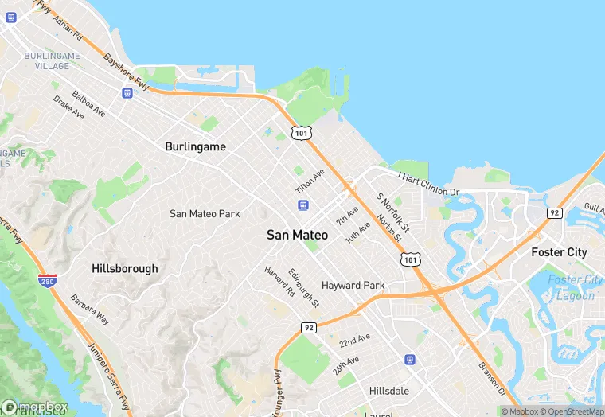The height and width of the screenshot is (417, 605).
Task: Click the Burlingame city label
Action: [195, 146]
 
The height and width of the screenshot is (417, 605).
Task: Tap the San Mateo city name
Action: [297, 235]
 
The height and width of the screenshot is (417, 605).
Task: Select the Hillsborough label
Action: [125, 268]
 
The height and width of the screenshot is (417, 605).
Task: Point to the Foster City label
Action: [559, 252]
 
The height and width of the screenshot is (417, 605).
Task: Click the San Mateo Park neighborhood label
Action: [205, 213]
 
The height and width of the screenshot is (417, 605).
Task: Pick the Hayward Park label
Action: [353, 285]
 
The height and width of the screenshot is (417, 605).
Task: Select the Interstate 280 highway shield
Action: [47, 280]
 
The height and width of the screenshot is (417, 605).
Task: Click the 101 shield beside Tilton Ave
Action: [301, 133]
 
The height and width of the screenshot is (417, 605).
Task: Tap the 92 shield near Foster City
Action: [553, 212]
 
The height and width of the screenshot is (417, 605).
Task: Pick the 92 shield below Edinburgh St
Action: [309, 327]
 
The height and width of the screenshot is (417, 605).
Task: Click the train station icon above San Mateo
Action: [302, 205]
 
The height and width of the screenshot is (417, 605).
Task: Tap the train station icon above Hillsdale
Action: [410, 360]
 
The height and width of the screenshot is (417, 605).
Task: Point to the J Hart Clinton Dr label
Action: [427, 183]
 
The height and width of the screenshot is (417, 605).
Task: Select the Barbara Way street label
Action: [89, 310]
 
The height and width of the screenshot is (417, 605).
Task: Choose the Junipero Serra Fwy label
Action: [107, 366]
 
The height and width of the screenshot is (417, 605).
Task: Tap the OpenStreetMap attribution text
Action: [567, 411]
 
